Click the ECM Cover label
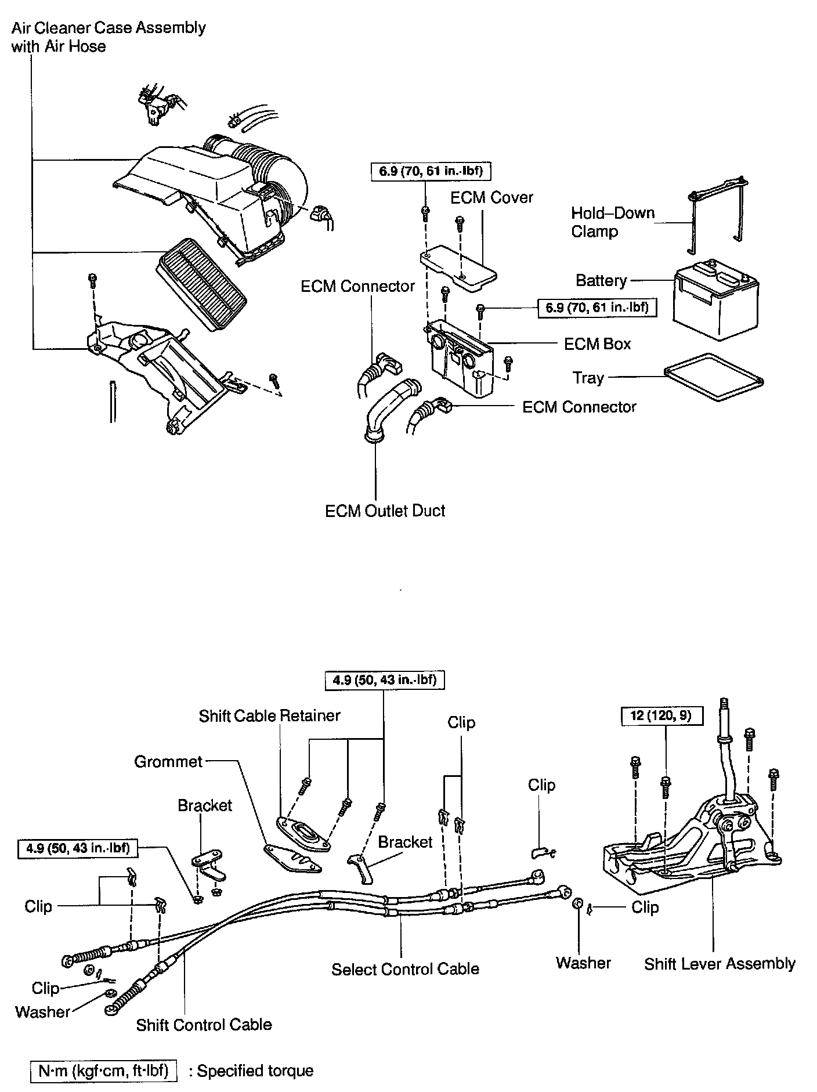point(491,198)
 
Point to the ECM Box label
point(597,344)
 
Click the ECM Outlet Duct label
point(385,511)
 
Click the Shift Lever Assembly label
point(720,964)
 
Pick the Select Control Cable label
point(405,969)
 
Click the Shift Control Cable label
point(204,1025)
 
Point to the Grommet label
point(168,761)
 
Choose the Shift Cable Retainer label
point(269,716)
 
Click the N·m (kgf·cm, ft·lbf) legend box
point(104,1071)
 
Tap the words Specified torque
point(255,1071)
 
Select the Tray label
point(588,378)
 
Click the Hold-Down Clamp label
point(612,222)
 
